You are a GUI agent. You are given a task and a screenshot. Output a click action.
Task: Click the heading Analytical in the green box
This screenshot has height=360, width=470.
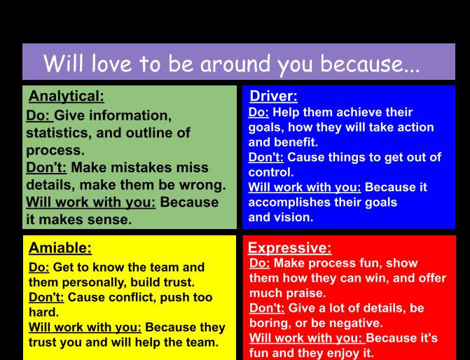tap(67, 97)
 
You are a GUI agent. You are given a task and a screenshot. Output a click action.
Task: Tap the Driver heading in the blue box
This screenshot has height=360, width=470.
tap(273, 96)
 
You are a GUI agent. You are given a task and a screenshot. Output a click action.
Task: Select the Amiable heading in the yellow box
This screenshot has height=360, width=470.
tap(60, 248)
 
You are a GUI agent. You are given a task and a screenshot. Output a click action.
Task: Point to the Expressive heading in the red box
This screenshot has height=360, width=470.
tap(289, 248)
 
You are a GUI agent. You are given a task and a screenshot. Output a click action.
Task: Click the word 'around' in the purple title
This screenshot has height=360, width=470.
tap(235, 64)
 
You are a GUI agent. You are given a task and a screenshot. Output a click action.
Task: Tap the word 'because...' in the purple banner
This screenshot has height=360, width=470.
tap(370, 64)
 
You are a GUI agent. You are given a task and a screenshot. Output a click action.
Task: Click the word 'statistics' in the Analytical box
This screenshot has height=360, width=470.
tap(58, 133)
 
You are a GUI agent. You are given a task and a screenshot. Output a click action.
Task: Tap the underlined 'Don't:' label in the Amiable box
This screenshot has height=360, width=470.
tap(46, 298)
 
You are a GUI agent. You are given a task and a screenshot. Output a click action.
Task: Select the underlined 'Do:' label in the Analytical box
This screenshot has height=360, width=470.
tap(39, 116)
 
